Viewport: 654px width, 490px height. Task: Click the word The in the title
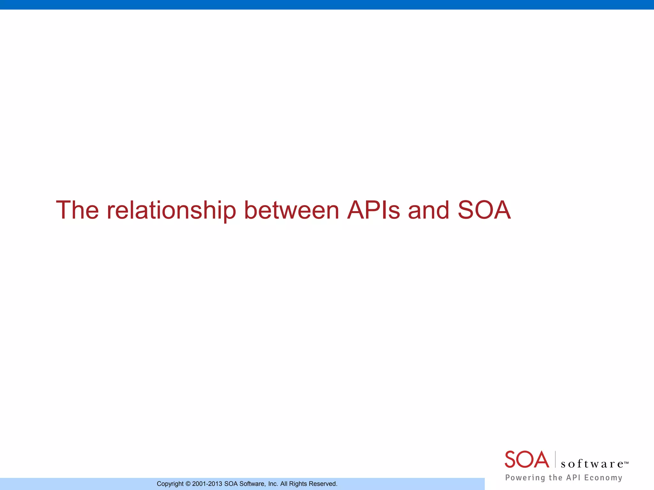click(x=77, y=210)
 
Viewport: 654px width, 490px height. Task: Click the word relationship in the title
click(x=171, y=210)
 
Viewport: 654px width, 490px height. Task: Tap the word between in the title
click(x=291, y=210)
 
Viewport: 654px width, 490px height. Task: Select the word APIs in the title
click(x=373, y=210)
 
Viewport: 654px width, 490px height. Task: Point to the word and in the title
click(x=429, y=210)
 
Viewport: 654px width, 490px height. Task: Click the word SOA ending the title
click(x=484, y=210)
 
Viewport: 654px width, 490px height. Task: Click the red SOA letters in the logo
click(x=527, y=460)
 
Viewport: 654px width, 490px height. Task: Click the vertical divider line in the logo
click(x=555, y=459)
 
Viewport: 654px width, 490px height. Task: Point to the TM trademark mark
click(x=626, y=462)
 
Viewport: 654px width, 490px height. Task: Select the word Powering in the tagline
click(x=525, y=478)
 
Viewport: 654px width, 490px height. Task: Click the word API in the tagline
click(x=573, y=478)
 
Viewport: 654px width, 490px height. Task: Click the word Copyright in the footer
click(x=170, y=484)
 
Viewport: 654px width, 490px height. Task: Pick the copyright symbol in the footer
click(x=188, y=484)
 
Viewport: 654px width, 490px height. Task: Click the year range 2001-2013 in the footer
click(x=207, y=484)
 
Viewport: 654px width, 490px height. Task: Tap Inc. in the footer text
click(x=273, y=484)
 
